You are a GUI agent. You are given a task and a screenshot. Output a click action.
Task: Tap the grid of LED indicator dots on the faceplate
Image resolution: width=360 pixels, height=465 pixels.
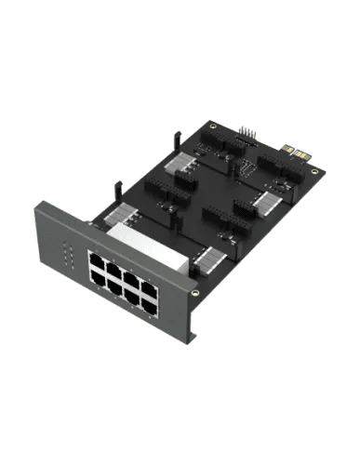[x=65, y=253]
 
